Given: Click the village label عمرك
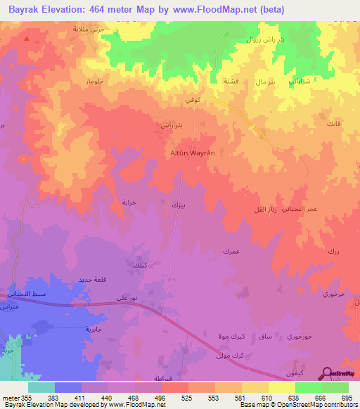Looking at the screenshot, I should (231, 251).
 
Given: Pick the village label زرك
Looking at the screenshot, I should (333, 251).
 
